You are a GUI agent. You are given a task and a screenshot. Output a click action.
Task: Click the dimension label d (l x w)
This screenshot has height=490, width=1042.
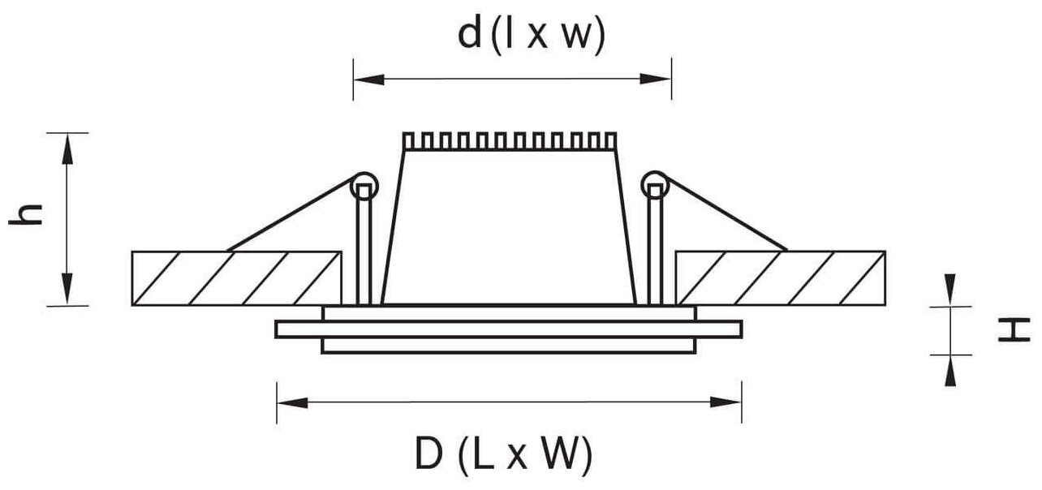click(531, 37)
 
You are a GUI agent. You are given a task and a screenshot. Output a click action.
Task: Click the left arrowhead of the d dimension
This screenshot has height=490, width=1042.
click(365, 79)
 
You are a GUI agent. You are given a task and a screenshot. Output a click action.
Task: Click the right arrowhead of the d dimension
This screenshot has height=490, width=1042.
click(659, 79)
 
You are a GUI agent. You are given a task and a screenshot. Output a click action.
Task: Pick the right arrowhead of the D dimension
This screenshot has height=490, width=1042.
click(730, 402)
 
